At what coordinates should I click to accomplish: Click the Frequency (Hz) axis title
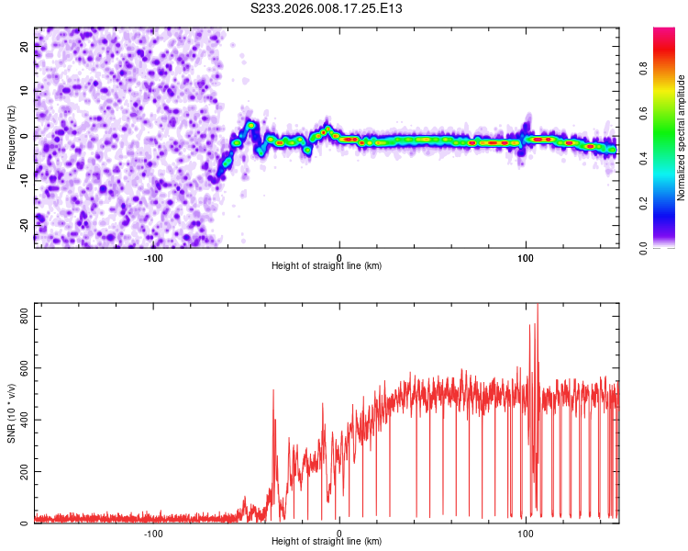tap(11, 137)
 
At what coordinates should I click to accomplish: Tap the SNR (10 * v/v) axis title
tap(11, 413)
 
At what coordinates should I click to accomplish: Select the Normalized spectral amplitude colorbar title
tap(682, 138)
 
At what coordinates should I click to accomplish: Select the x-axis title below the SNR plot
tap(327, 542)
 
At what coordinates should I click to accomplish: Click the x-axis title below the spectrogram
tap(327, 266)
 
